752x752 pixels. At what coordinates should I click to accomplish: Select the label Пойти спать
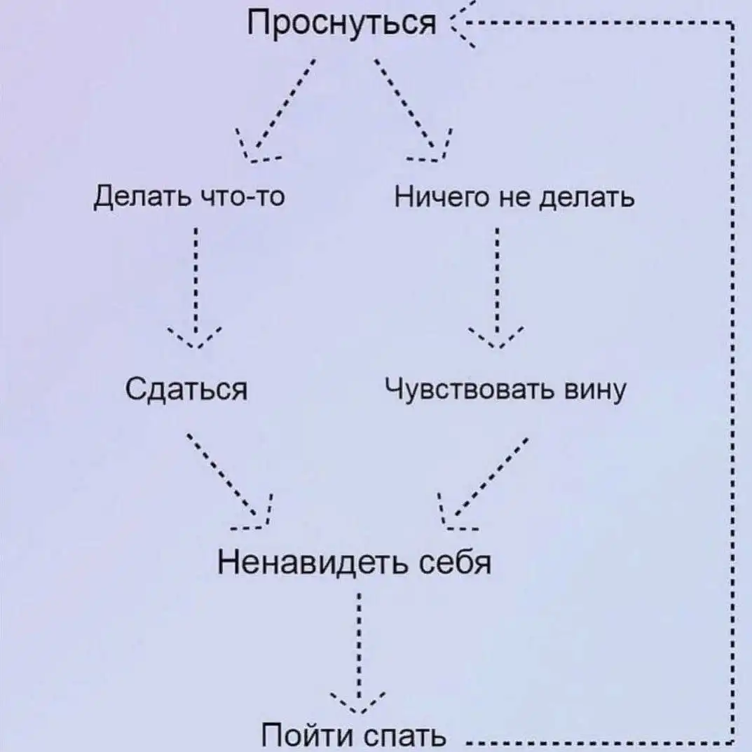click(353, 736)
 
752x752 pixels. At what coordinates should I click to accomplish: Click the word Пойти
click(306, 736)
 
